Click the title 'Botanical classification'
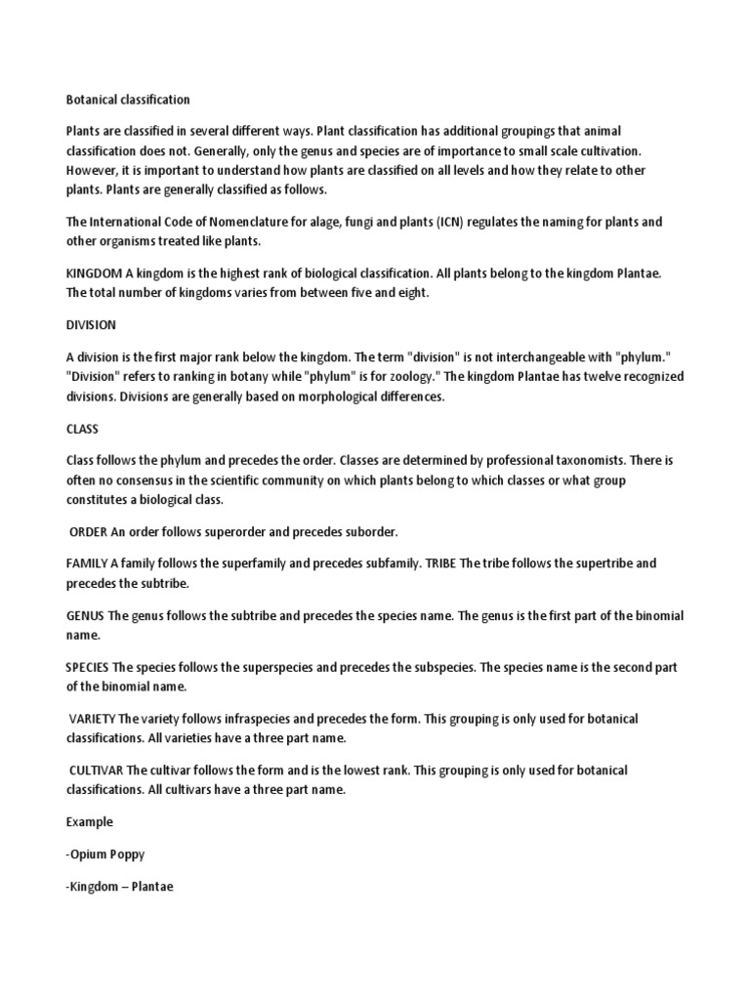point(128,100)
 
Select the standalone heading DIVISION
point(91,325)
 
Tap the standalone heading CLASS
point(82,429)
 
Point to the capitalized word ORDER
point(91,531)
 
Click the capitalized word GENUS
point(85,616)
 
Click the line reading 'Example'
point(89,822)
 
